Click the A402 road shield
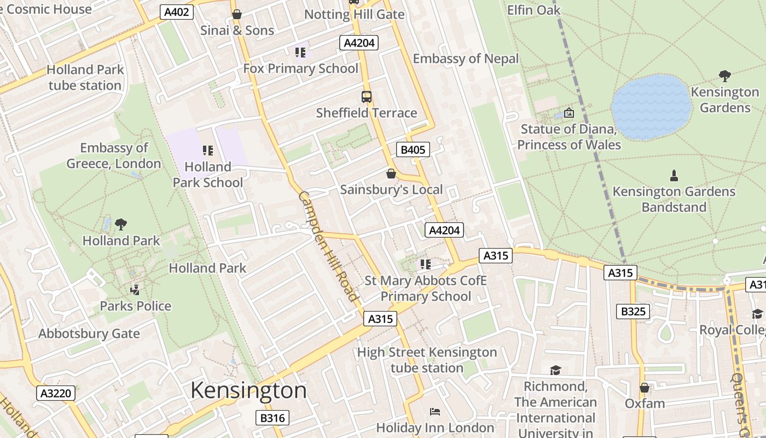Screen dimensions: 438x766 click(x=177, y=12)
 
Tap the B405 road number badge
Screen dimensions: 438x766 click(x=413, y=149)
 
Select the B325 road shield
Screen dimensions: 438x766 click(x=634, y=312)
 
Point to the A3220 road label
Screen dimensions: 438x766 click(x=56, y=393)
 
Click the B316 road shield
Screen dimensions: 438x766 click(x=272, y=418)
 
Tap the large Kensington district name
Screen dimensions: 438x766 click(x=248, y=390)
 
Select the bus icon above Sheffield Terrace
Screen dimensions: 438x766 click(x=367, y=97)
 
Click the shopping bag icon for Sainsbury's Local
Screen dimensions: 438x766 click(x=391, y=174)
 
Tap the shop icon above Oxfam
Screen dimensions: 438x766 click(x=645, y=388)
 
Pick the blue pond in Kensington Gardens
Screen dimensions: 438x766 click(x=651, y=107)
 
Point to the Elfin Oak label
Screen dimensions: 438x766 click(x=533, y=10)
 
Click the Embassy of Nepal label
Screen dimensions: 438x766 click(x=466, y=59)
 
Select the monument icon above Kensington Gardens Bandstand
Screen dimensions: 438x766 click(x=674, y=176)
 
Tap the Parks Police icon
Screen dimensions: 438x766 click(x=135, y=290)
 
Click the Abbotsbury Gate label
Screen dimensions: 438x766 click(x=89, y=333)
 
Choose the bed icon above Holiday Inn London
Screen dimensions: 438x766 click(x=435, y=411)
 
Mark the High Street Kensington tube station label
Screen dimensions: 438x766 click(x=427, y=360)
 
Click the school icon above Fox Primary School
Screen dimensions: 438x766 click(x=300, y=53)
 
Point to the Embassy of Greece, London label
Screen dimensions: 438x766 click(x=114, y=155)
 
